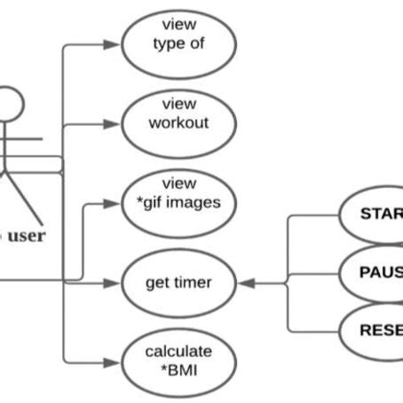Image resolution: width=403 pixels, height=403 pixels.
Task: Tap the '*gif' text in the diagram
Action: point(153,202)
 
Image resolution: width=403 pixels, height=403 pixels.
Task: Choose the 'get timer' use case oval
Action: point(179,282)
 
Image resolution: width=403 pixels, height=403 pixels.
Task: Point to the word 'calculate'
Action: point(179,352)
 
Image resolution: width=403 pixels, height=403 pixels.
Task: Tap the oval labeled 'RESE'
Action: point(373,328)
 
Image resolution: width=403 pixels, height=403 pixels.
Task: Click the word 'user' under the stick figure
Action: point(27,236)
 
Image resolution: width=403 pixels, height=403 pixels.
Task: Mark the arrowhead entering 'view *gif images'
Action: point(115,203)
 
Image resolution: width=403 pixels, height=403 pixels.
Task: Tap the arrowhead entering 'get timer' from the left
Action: point(115,282)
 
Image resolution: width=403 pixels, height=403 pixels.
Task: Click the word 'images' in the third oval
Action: point(193,202)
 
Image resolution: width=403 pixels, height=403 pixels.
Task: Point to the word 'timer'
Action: point(194,282)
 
